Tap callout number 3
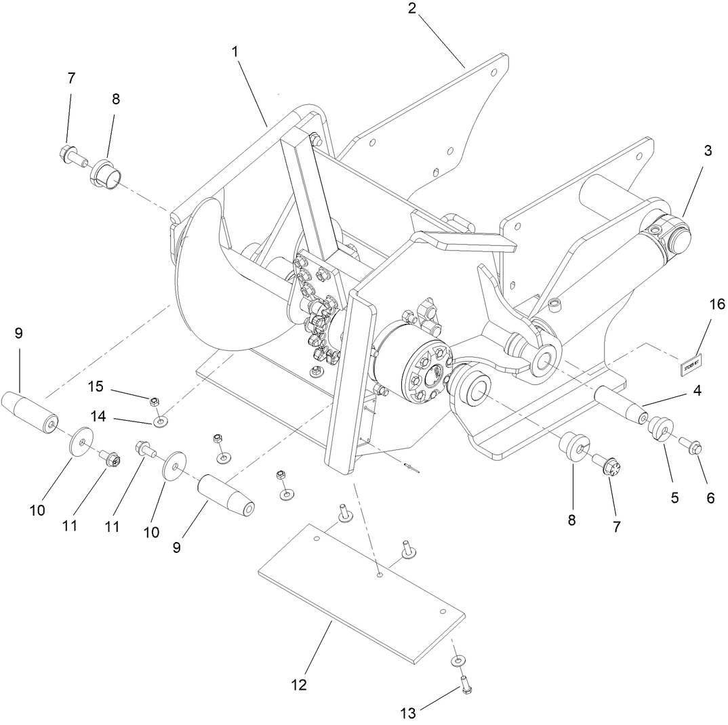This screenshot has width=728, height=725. coord(708,151)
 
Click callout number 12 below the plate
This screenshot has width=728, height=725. coord(298,684)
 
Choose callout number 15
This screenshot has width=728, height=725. coord(96,386)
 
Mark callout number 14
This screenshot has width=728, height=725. coord(99,417)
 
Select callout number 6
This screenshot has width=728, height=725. coord(710,498)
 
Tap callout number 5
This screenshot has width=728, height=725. coord(674,498)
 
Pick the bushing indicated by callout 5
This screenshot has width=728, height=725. coord(660,430)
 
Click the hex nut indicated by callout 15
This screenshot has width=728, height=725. coord(155,401)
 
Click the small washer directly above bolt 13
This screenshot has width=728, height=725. coord(459,660)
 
